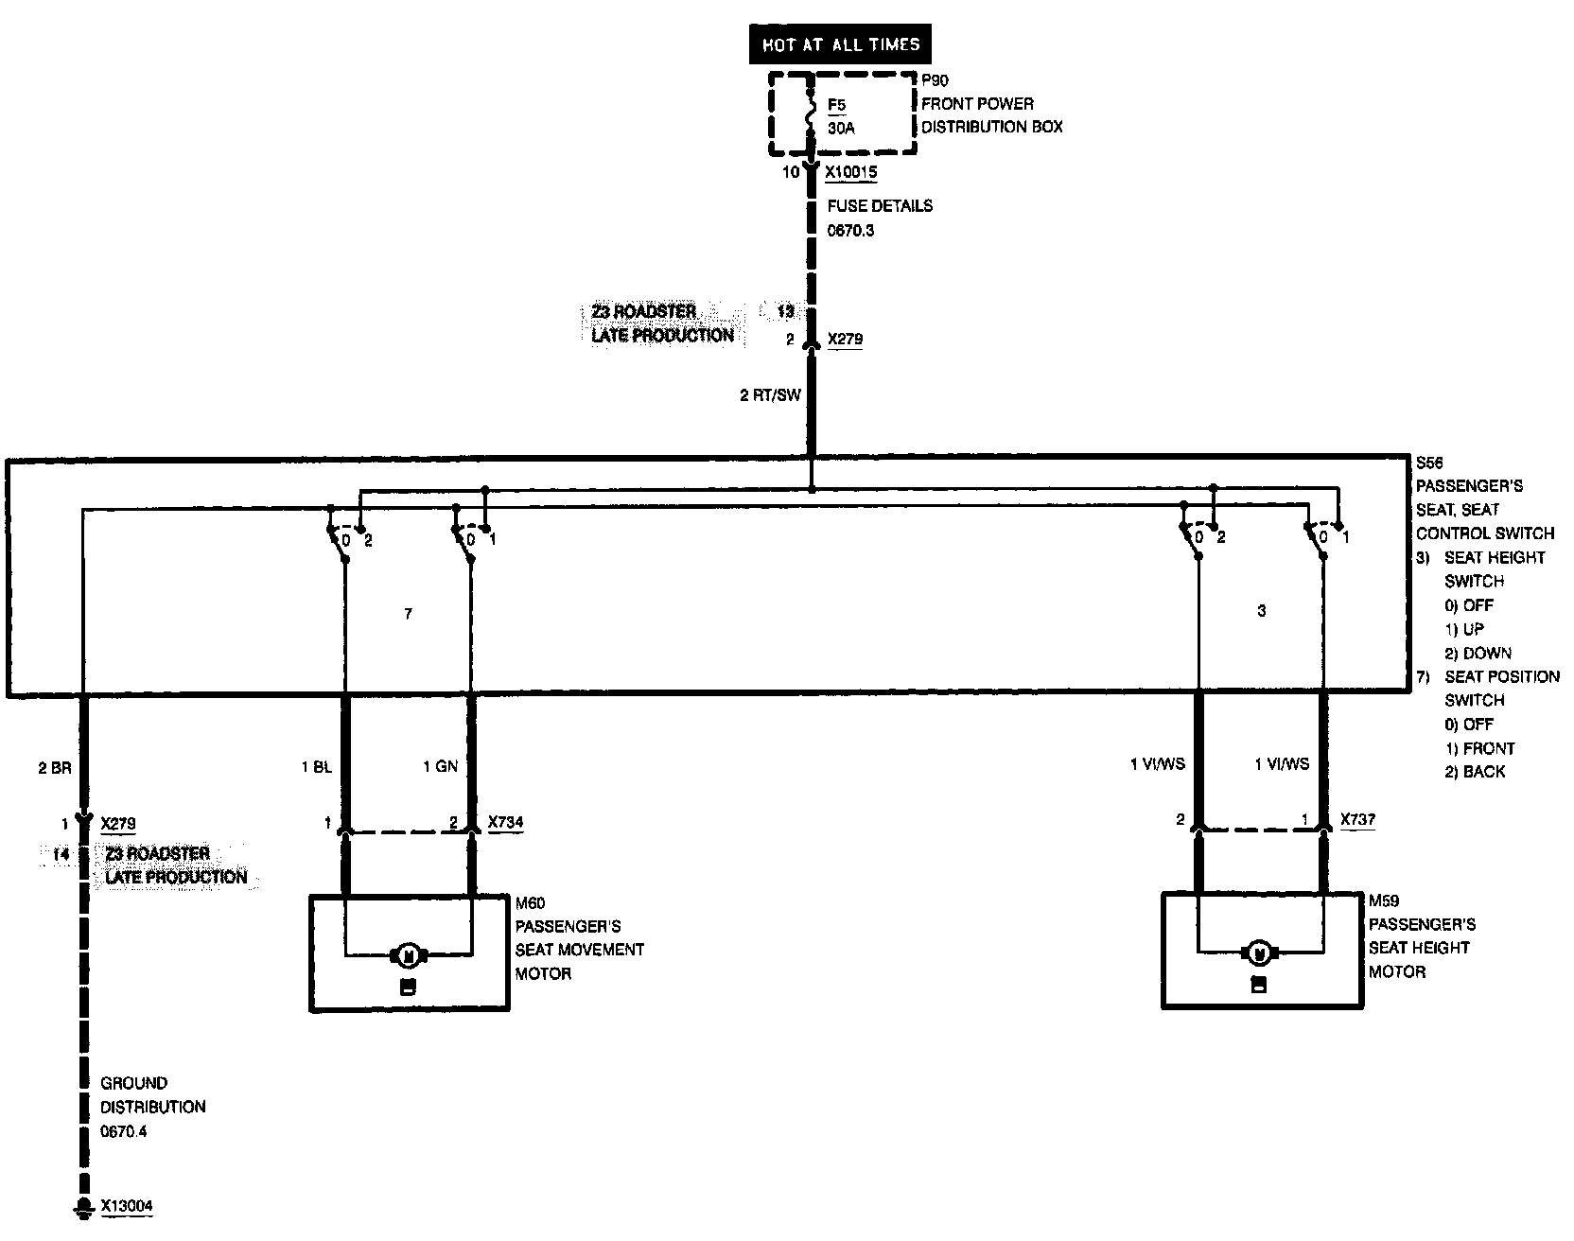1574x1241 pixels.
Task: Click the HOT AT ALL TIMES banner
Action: (x=840, y=44)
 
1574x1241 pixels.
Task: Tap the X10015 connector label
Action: (x=851, y=173)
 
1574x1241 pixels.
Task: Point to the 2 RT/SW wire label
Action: (x=770, y=395)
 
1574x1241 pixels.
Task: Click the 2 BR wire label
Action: (x=55, y=768)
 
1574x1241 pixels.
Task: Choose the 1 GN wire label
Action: (x=440, y=767)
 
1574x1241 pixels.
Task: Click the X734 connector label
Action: (x=505, y=823)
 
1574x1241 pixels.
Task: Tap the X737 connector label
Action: (x=1357, y=820)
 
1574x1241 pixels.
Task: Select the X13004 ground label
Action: (x=127, y=1206)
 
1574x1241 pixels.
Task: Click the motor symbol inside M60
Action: (x=410, y=955)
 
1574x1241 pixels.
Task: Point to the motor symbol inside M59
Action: (x=1259, y=953)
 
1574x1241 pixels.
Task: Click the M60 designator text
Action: (x=530, y=903)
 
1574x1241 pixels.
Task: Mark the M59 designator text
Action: (x=1383, y=900)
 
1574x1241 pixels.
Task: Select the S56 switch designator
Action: (x=1428, y=463)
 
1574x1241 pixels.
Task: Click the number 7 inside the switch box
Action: (x=408, y=614)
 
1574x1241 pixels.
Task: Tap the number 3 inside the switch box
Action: (x=1261, y=611)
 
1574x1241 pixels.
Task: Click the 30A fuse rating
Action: (x=841, y=128)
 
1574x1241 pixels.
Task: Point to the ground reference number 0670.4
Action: (x=124, y=1131)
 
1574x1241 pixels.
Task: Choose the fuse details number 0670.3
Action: (x=851, y=230)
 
